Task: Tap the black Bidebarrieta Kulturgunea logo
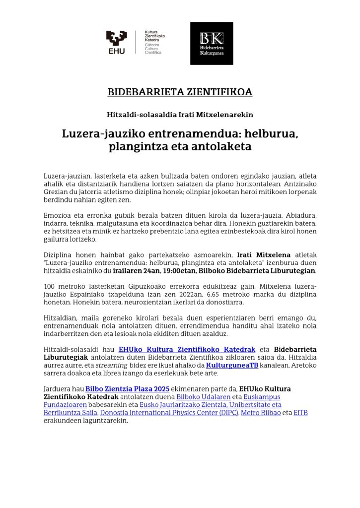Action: coord(212,43)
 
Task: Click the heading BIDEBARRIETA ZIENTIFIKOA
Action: coord(180,92)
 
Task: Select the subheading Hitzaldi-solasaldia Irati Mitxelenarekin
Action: coord(180,115)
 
